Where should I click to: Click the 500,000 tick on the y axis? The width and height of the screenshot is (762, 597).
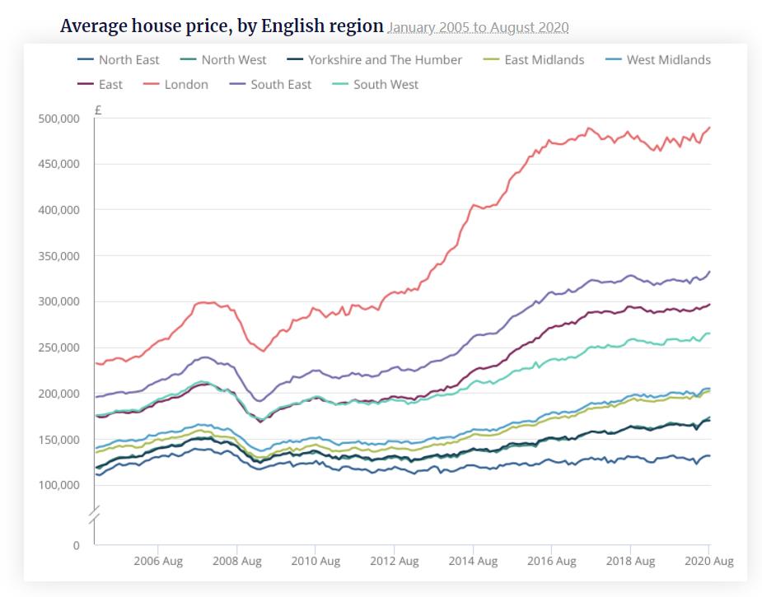pos(58,119)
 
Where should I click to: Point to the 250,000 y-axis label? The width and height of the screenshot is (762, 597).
pos(58,347)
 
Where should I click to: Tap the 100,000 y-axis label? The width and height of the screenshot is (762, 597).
pos(58,485)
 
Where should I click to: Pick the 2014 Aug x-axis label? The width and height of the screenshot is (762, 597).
pos(473,562)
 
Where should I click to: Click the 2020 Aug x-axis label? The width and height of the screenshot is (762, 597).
pos(708,562)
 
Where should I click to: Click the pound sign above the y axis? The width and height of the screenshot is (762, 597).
pos(98,110)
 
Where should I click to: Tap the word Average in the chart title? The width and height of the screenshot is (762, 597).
pos(95,26)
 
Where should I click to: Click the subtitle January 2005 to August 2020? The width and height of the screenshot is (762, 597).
pos(478,28)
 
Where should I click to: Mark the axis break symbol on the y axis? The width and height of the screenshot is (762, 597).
pos(95,515)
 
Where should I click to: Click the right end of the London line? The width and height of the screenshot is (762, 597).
pos(710,128)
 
